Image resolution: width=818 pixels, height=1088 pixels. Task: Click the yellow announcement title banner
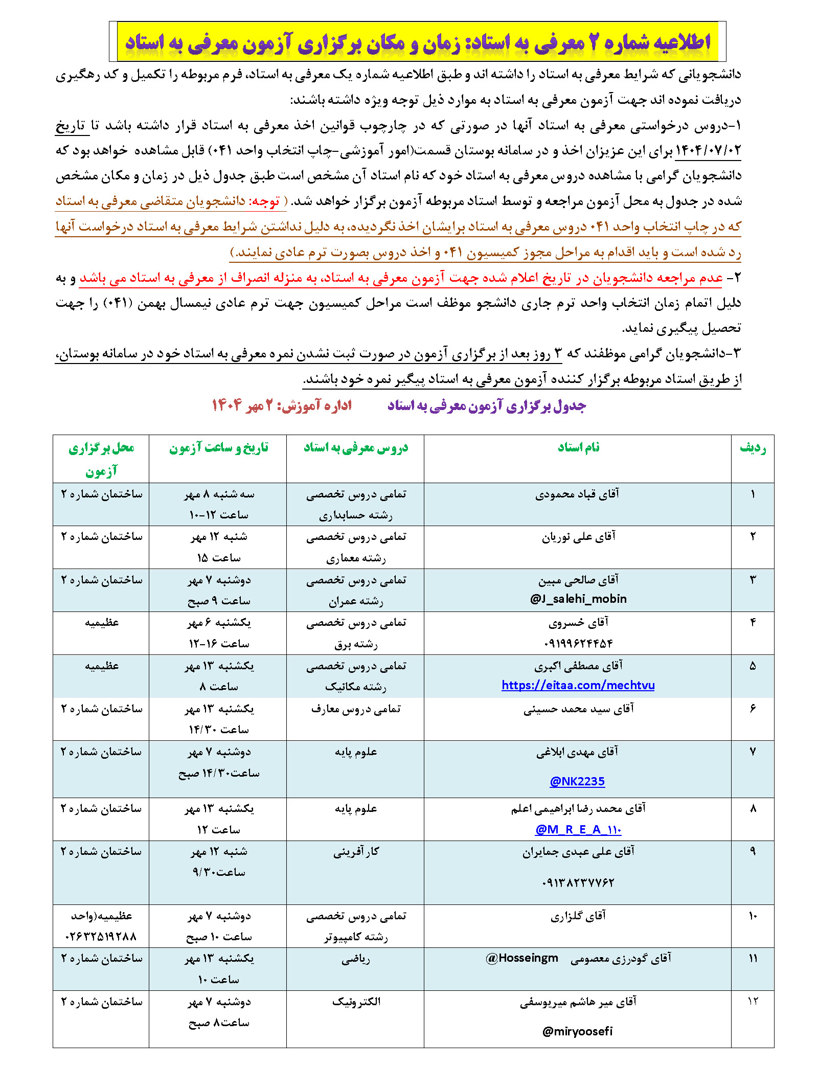pyautogui.click(x=417, y=42)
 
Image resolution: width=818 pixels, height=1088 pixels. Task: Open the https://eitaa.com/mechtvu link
pyautogui.click(x=578, y=685)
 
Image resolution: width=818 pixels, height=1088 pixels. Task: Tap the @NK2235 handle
pyautogui.click(x=577, y=781)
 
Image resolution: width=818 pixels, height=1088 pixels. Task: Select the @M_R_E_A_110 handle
pyautogui.click(x=578, y=829)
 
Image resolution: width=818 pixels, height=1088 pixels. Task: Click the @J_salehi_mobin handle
pyautogui.click(x=578, y=599)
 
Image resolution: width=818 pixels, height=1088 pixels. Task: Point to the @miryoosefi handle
pyautogui.click(x=577, y=1031)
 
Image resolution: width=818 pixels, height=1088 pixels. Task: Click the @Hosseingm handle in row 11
pyautogui.click(x=522, y=958)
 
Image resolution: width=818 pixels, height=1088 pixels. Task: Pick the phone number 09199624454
pyautogui.click(x=578, y=643)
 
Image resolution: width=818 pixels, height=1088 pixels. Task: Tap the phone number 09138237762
pyautogui.click(x=578, y=882)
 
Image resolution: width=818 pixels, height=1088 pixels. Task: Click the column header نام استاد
pyautogui.click(x=578, y=447)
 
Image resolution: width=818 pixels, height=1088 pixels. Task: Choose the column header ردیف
pyautogui.click(x=753, y=448)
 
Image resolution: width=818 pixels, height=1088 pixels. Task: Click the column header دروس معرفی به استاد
pyautogui.click(x=356, y=448)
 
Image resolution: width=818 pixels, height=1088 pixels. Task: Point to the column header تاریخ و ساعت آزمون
pyautogui.click(x=218, y=448)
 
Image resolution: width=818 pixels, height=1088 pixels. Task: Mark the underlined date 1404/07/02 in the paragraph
pyautogui.click(x=708, y=150)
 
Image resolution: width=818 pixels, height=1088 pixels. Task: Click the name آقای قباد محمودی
pyautogui.click(x=577, y=494)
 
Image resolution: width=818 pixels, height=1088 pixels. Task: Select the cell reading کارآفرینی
pyautogui.click(x=356, y=852)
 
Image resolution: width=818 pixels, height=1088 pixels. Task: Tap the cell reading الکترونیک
pyautogui.click(x=356, y=1002)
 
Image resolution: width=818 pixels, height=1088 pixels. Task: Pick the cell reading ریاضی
pyautogui.click(x=356, y=959)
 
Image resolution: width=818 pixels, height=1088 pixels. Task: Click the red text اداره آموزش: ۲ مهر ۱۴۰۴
pyautogui.click(x=282, y=406)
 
